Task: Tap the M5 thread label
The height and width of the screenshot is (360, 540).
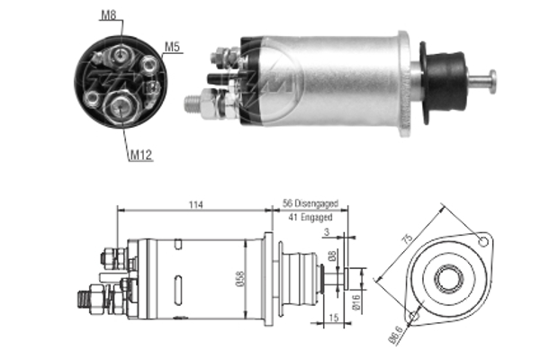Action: (x=172, y=45)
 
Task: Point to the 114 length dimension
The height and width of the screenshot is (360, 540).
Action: (x=195, y=206)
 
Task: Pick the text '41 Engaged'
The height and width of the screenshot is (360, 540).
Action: (x=309, y=218)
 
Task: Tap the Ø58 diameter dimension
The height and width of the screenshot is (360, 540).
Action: (x=236, y=280)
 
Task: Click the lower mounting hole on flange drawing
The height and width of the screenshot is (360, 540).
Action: (x=413, y=316)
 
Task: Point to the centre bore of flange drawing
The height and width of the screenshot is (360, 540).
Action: (x=447, y=278)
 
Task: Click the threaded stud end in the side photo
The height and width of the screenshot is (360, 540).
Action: (x=190, y=102)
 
